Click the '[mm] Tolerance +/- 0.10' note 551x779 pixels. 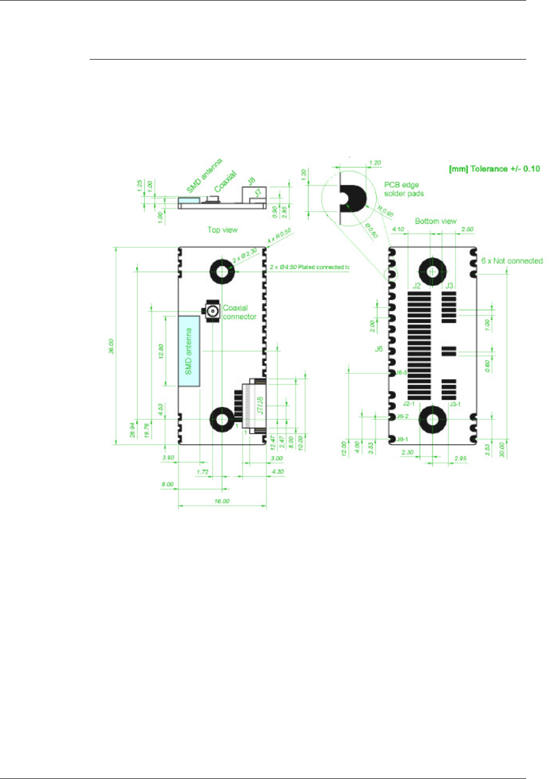pyautogui.click(x=494, y=169)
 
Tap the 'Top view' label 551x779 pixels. pyautogui.click(x=222, y=230)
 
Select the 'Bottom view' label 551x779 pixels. pyautogui.click(x=436, y=221)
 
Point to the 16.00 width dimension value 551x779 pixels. pyautogui.click(x=222, y=501)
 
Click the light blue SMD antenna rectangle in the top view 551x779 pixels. pyautogui.click(x=189, y=351)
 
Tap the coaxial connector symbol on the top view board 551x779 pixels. pyautogui.click(x=212, y=312)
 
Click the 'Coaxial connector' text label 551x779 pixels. pyautogui.click(x=239, y=312)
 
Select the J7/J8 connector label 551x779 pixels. pyautogui.click(x=259, y=405)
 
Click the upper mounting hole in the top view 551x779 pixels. pyautogui.click(x=222, y=271)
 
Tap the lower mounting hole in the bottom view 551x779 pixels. pyautogui.click(x=432, y=420)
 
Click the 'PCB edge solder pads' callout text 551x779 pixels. pyautogui.click(x=403, y=189)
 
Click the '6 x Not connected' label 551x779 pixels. pyautogui.click(x=511, y=261)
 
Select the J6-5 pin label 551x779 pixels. pyautogui.click(x=402, y=372)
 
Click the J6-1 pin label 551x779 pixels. pyautogui.click(x=402, y=439)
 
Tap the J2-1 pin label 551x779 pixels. pyautogui.click(x=409, y=404)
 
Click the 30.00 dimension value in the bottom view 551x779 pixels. pyautogui.click(x=501, y=449)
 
